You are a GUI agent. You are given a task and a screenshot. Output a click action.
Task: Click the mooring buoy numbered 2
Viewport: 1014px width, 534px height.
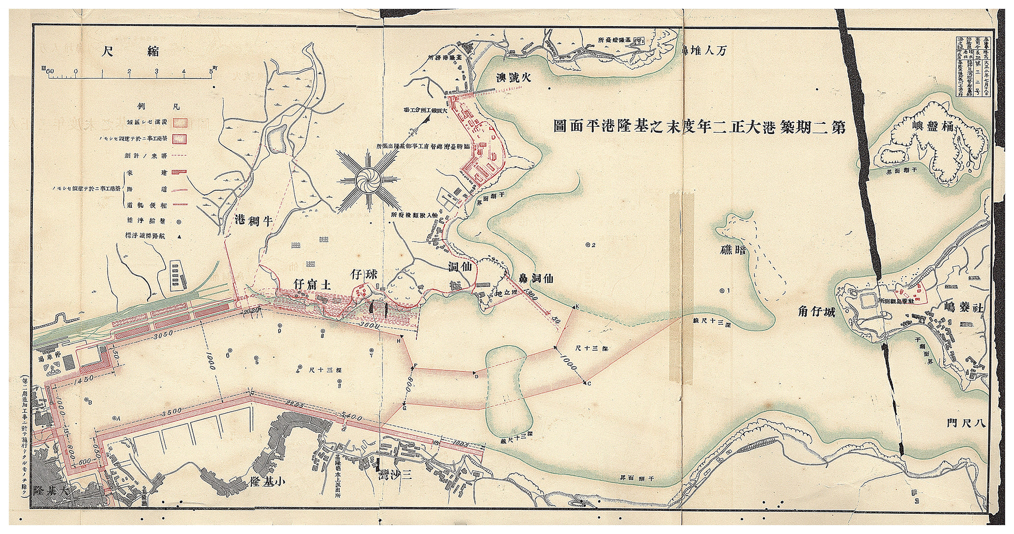588,245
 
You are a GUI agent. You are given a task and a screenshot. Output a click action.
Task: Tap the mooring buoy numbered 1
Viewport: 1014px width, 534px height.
722,290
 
